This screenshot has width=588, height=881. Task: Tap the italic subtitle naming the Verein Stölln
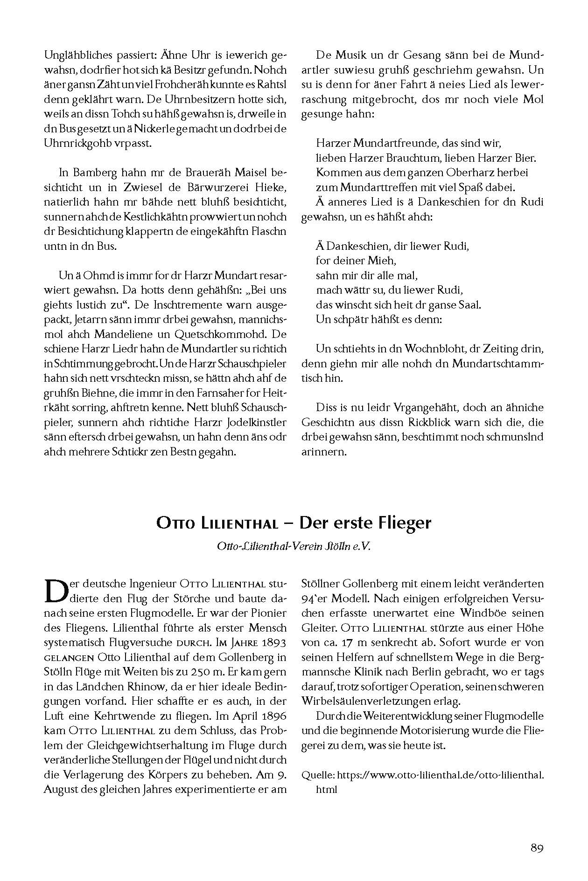pos(294,546)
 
